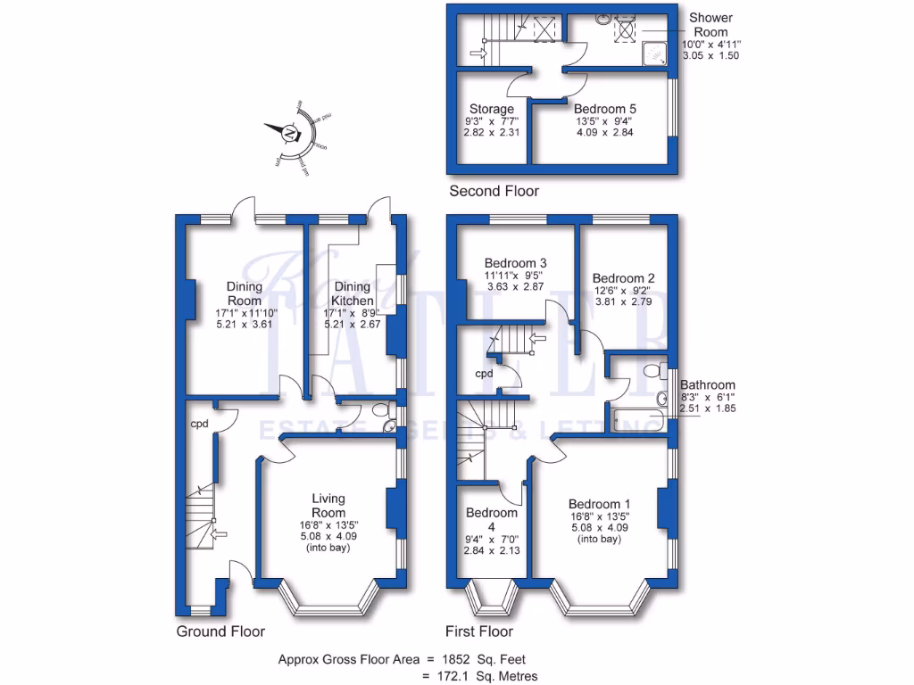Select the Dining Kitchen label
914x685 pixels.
352,293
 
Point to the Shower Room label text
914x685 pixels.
710,25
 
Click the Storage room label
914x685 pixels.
491,109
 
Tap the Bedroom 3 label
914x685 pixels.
515,263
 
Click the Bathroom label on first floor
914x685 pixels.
708,385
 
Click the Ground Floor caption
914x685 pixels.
220,631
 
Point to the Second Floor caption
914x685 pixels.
494,191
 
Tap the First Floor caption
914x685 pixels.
482,631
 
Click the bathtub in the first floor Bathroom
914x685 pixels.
636,419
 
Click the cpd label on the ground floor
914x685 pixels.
199,424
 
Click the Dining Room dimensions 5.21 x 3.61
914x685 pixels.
244,325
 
